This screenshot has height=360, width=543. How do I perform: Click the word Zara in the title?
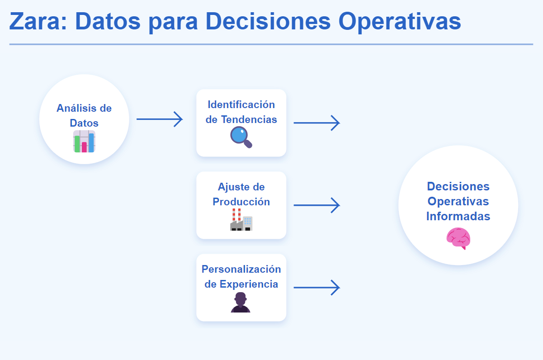tap(38, 21)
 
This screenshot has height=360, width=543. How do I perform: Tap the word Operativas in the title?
tap(400, 22)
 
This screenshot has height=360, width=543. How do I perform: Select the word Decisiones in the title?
tap(268, 21)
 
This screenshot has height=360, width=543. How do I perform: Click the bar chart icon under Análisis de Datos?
tap(84, 142)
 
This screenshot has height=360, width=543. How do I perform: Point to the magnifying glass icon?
tap(241, 137)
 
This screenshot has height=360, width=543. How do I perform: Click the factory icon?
tap(241, 219)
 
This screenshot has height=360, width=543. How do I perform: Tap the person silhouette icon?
tap(241, 302)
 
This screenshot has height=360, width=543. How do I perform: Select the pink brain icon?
tap(458, 238)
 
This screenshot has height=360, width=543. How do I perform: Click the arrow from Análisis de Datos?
tap(160, 119)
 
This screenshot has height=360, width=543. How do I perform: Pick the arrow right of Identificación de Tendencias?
tap(316, 123)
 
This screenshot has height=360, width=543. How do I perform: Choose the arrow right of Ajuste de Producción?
tap(316, 205)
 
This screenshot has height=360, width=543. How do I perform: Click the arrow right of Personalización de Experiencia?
tap(316, 288)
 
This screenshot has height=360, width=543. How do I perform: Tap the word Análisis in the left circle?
tap(75, 108)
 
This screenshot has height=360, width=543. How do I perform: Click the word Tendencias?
tap(249, 119)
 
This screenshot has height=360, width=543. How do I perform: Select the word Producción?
tap(241, 202)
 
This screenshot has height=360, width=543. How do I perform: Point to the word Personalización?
tap(241, 269)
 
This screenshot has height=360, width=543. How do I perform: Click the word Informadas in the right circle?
tap(458, 216)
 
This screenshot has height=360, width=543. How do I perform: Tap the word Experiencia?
tap(249, 284)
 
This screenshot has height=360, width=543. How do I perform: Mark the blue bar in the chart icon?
tap(91, 142)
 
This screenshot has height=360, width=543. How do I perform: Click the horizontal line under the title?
tap(271, 44)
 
